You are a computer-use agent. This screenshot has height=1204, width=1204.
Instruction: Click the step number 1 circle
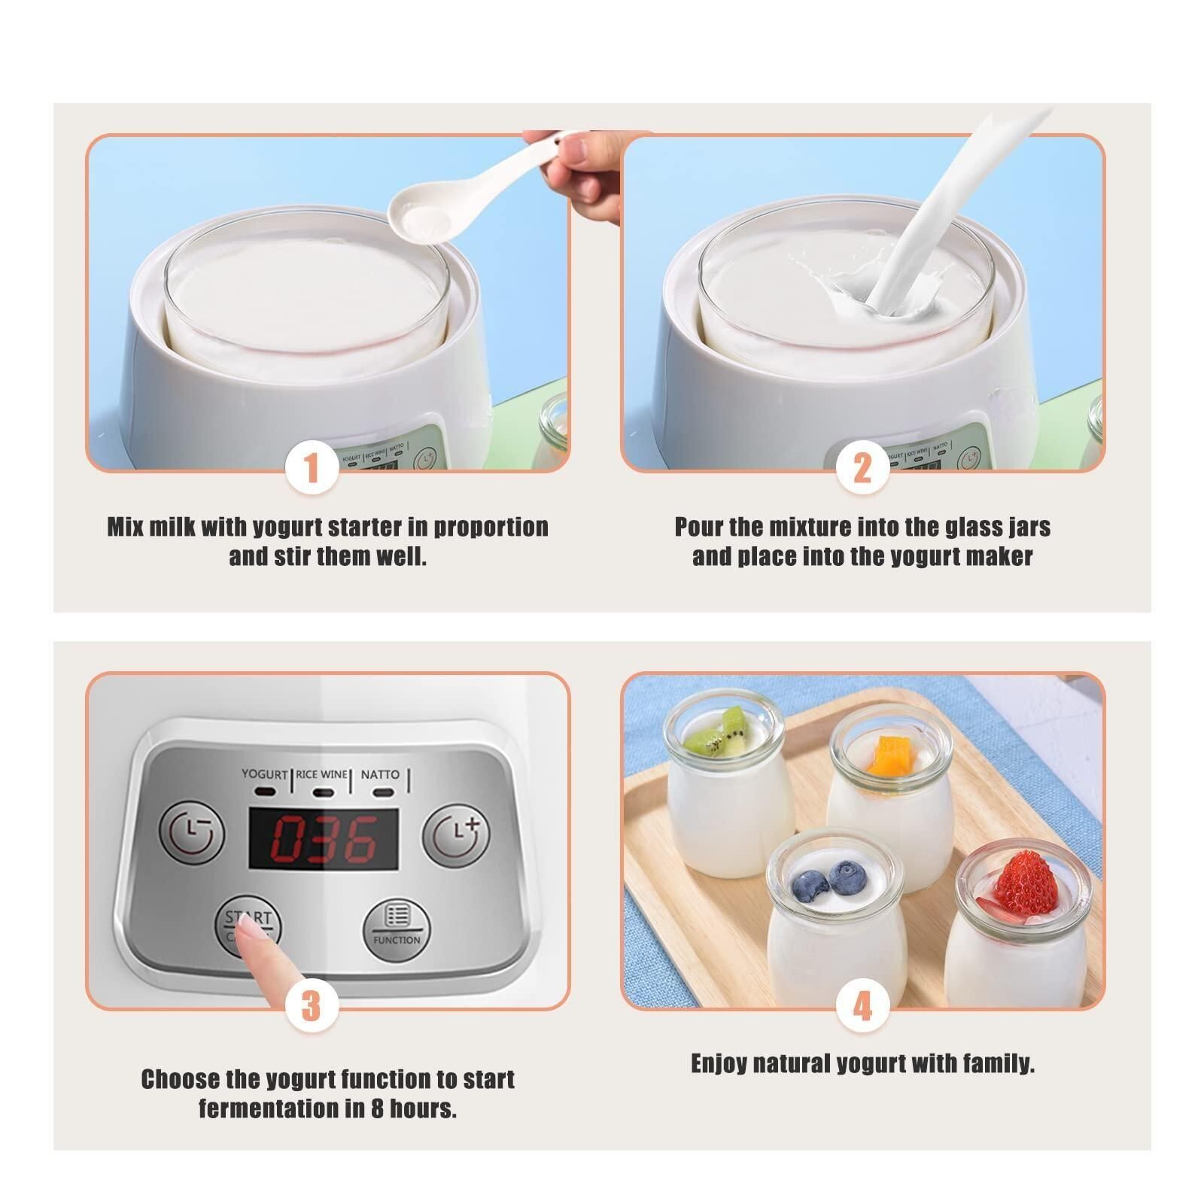point(312,470)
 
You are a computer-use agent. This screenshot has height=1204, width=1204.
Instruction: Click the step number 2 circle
point(862,470)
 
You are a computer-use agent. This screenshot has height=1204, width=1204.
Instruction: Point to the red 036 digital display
point(324,840)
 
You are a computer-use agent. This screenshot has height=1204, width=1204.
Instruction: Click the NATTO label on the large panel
point(380,774)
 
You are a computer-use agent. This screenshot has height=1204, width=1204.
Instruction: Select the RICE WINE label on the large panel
point(322,774)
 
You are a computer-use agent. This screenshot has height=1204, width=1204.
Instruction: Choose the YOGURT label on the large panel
point(264,774)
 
